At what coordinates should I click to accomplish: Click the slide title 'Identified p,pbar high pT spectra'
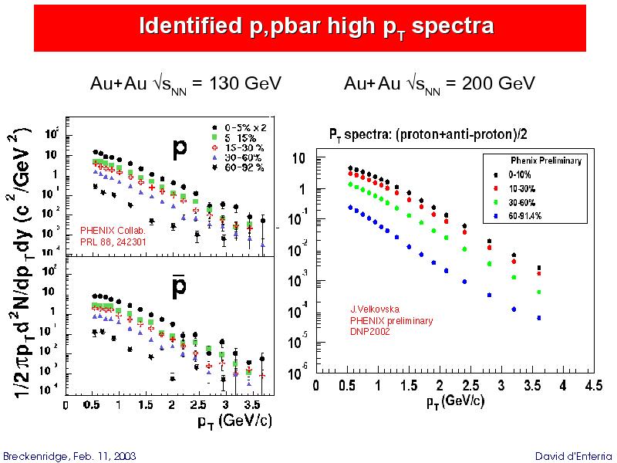tap(316, 27)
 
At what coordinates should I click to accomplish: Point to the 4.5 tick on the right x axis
tap(593, 385)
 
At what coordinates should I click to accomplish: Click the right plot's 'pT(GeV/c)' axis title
tap(455, 401)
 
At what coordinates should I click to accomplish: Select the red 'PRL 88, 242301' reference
tap(113, 242)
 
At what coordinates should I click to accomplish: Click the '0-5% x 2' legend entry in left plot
tap(247, 127)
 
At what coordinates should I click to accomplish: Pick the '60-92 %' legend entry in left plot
tap(244, 166)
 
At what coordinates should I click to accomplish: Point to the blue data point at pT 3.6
tap(539, 318)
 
